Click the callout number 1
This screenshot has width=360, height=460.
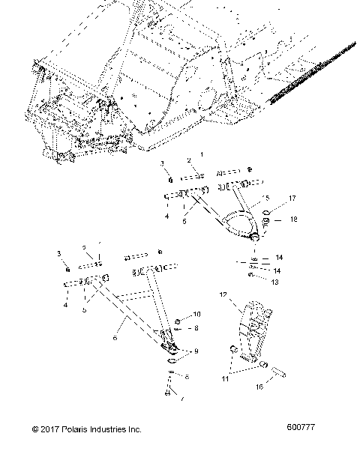(200, 154)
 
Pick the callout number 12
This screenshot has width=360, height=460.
(222, 297)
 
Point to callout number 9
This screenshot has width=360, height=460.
(196, 351)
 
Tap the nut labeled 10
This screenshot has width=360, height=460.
(178, 322)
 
